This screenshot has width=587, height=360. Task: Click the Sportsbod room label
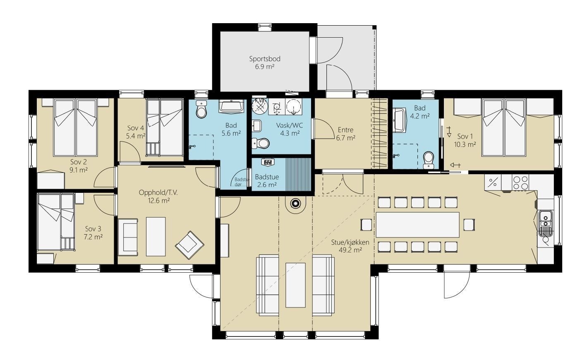point(265,59)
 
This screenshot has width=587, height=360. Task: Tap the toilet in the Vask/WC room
point(261,144)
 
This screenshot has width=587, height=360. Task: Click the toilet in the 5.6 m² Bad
point(201,109)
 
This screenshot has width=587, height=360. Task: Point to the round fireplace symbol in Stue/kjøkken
point(296,204)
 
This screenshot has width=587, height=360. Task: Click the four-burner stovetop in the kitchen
point(520,183)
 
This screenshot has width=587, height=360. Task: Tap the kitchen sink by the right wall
point(545,221)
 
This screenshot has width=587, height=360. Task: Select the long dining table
point(418,225)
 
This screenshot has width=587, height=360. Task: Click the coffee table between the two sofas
point(295,285)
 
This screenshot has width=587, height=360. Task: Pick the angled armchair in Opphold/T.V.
point(189,245)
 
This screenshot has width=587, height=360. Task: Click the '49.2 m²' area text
point(350,250)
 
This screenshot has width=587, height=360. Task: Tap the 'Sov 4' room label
point(136,128)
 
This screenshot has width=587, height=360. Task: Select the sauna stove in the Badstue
point(268,162)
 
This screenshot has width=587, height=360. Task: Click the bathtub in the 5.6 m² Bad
point(231,106)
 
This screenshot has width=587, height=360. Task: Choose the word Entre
point(345,130)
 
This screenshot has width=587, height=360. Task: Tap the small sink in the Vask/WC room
point(256,126)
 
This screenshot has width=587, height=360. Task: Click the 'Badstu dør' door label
point(241,182)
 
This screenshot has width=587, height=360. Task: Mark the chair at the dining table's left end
point(366,225)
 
